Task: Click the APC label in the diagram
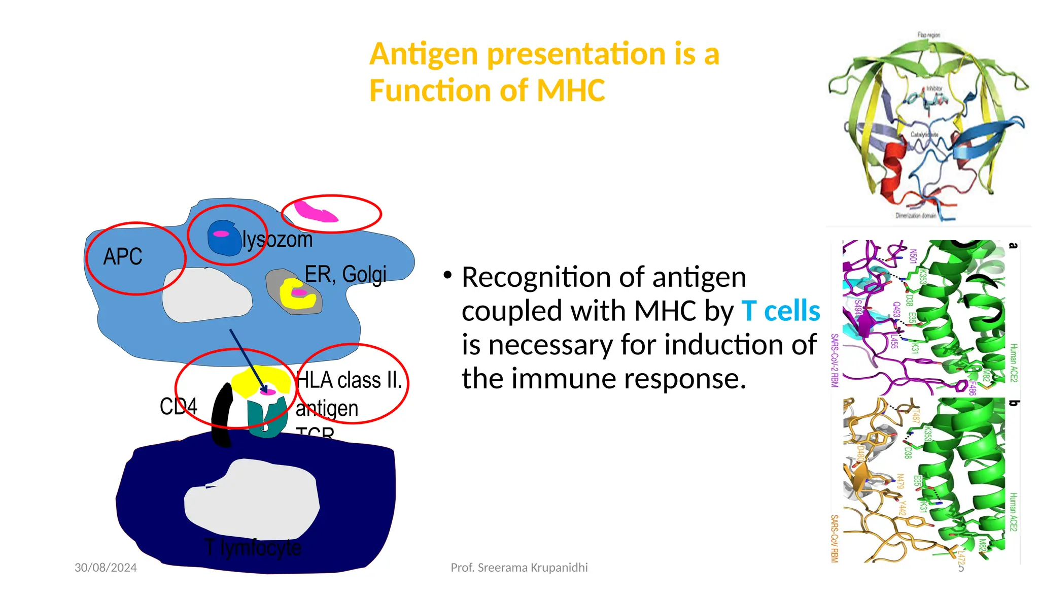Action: pos(123,257)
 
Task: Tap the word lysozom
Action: pos(277,240)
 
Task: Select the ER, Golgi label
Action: pos(345,275)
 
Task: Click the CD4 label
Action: pos(178,406)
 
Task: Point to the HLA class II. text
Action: pos(349,380)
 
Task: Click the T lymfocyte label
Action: pos(253,548)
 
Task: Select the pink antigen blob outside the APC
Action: pos(315,212)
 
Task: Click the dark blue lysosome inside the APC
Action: pos(224,238)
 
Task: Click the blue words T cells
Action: pos(780,311)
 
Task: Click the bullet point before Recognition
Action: pos(447,276)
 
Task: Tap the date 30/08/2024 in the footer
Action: pos(106,568)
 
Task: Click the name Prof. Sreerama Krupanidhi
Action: pos(519,568)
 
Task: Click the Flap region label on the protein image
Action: pos(928,35)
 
